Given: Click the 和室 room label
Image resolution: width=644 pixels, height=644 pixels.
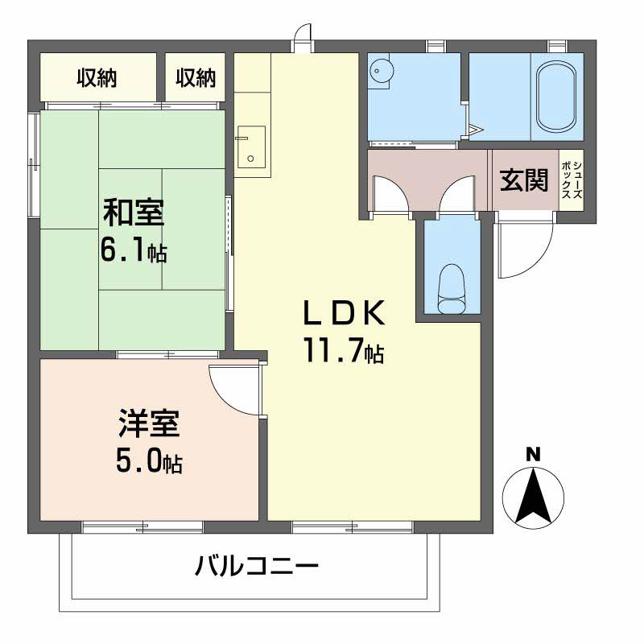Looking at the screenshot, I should click(133, 214).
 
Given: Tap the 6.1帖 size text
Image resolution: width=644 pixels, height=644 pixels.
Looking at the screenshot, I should click(133, 251).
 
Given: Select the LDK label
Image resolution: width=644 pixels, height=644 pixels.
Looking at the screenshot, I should click(344, 313).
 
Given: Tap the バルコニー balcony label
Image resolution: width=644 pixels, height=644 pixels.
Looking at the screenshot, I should click(257, 567).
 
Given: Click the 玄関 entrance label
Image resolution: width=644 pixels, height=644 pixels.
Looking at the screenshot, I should click(524, 180).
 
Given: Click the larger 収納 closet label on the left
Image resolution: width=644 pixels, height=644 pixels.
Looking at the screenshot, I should click(97, 78).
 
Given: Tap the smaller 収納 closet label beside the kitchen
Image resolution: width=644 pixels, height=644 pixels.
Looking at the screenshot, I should click(196, 78).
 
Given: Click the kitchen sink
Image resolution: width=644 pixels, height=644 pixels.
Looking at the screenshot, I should click(253, 147).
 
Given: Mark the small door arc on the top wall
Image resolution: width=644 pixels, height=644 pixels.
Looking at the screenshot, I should click(302, 36).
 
